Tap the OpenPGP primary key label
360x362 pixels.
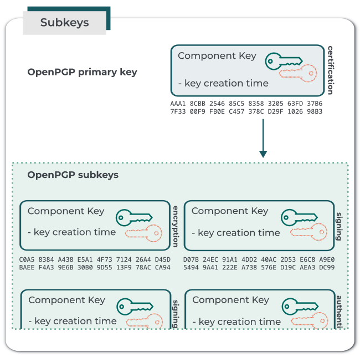[82, 72]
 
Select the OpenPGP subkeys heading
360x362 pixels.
[73, 175]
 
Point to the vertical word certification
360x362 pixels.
[331, 70]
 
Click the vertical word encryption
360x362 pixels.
[176, 226]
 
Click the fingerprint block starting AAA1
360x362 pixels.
[246, 108]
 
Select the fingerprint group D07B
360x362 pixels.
[191, 259]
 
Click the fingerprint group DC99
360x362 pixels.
[327, 267]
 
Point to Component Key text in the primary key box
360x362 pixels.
[217, 56]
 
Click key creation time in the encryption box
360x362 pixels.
[71, 232]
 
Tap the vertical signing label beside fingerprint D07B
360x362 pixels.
[339, 226]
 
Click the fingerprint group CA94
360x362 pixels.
[163, 267]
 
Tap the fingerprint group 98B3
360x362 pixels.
[315, 111]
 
